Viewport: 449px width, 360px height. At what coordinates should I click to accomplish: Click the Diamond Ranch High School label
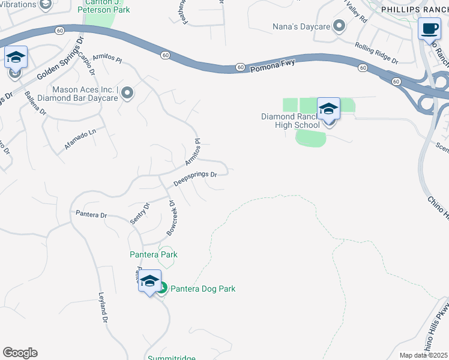point(291,121)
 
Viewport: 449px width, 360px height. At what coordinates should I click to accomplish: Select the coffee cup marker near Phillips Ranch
point(429,29)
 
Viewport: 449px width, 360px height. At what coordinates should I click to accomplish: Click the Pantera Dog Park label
point(203,289)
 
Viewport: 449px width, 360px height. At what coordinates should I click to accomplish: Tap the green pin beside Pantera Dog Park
point(162,289)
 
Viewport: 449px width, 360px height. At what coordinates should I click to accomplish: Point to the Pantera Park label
point(154,254)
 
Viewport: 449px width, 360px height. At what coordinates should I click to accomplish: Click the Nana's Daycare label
point(301,26)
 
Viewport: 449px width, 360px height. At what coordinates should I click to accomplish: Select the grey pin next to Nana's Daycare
point(339,26)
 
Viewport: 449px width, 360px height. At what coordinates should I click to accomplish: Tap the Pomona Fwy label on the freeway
point(274,64)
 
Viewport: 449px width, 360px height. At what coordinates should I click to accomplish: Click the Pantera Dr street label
point(91,214)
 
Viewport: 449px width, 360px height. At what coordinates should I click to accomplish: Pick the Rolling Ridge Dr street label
point(376,53)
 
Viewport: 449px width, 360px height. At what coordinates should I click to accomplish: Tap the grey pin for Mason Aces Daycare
point(127,93)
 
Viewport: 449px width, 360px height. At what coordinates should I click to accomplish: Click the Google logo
point(20,353)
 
